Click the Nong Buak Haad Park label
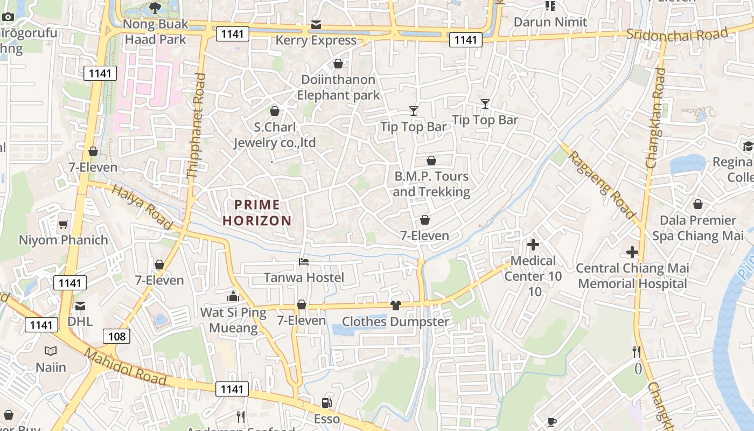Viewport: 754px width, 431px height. point(156,32)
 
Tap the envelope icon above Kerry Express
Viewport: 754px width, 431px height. point(316,25)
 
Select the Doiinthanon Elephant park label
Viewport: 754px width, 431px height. point(338,87)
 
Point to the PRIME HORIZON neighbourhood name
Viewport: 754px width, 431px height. point(257,213)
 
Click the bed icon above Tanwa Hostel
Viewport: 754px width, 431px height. point(304,262)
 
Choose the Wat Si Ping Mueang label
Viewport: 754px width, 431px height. point(233,320)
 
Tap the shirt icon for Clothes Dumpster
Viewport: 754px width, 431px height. point(396,305)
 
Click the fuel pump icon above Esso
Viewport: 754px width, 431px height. point(326,403)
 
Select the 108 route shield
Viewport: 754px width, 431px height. point(116,337)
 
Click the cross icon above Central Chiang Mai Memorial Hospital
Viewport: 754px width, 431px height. point(632,252)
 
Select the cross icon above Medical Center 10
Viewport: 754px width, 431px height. point(533,245)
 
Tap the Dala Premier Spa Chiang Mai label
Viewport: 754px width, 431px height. point(697,228)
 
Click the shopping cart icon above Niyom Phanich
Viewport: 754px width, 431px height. point(64,224)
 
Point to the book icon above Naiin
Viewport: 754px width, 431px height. point(51,351)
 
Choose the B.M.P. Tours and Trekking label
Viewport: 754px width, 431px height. point(431,184)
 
